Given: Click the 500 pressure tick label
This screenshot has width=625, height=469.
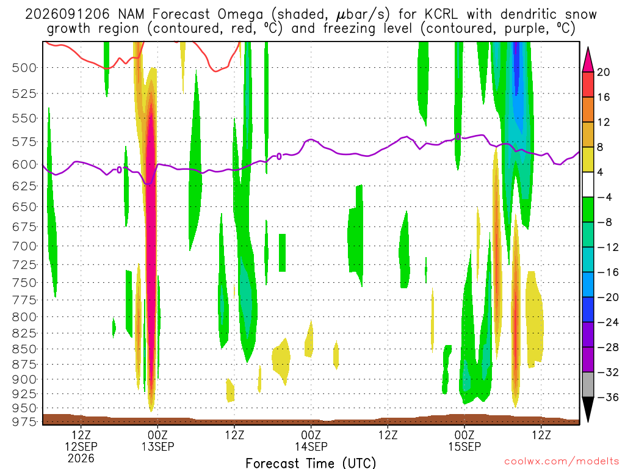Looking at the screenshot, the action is pyautogui.click(x=24, y=68).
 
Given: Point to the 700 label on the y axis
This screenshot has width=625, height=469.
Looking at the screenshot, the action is pyautogui.click(x=24, y=246).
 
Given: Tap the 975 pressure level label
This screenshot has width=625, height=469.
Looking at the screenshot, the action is pyautogui.click(x=24, y=421).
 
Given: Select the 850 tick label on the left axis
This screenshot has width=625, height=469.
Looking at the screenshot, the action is pyautogui.click(x=24, y=349).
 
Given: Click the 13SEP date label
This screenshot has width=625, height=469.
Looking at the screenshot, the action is pyautogui.click(x=158, y=446).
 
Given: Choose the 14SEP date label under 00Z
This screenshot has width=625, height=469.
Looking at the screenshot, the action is pyautogui.click(x=311, y=446).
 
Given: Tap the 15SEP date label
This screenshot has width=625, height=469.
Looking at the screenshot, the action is pyautogui.click(x=464, y=446).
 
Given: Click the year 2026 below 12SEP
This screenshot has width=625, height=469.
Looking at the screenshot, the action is pyautogui.click(x=81, y=458).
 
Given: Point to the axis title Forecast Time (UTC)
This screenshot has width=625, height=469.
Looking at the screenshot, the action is pyautogui.click(x=311, y=463).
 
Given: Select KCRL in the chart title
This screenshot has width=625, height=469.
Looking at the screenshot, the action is pyautogui.click(x=441, y=14).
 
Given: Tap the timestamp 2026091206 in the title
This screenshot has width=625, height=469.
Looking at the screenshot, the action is pyautogui.click(x=67, y=14).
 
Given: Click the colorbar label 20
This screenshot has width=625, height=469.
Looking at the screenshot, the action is pyautogui.click(x=604, y=72).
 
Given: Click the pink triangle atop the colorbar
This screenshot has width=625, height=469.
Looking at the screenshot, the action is pyautogui.click(x=588, y=60).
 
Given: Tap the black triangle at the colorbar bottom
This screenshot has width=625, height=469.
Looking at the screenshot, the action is pyautogui.click(x=588, y=409).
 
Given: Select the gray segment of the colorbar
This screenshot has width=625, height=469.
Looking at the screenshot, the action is pyautogui.click(x=588, y=385).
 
